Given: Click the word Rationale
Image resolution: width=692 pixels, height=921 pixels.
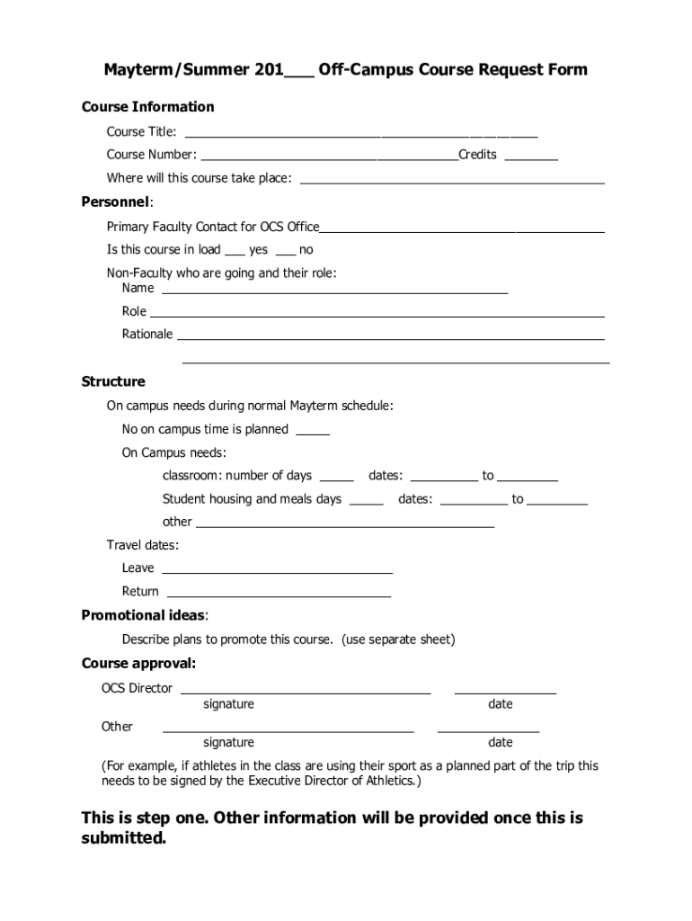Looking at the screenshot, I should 147,335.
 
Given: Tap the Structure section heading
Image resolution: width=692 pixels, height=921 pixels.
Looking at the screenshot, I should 113,381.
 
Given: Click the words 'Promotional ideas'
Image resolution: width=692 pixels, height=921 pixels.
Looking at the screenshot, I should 144,616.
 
